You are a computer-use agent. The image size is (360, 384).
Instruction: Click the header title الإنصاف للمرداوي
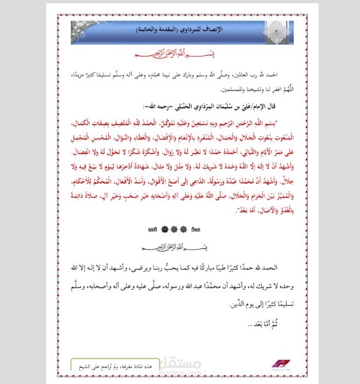coord(168,30)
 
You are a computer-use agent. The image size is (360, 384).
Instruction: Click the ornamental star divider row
coord(169,228)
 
